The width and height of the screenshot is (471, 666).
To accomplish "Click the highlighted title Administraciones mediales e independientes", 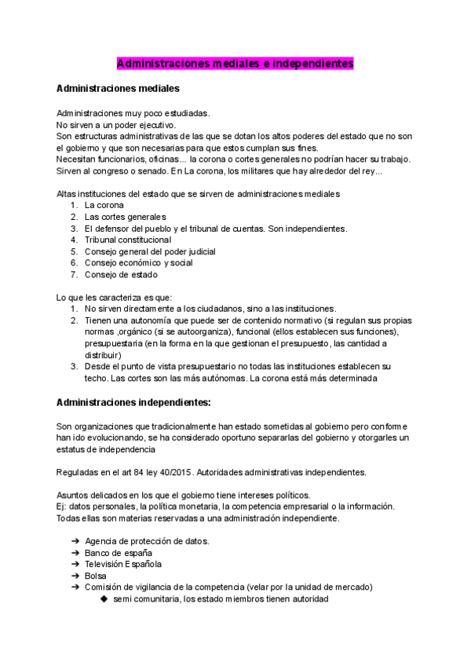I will [x=235, y=63].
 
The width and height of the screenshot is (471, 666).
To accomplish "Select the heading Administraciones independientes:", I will [x=134, y=402].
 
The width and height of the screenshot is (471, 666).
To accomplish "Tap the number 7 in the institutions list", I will [x=73, y=275].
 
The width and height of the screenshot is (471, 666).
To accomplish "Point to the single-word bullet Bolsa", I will [x=96, y=576].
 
